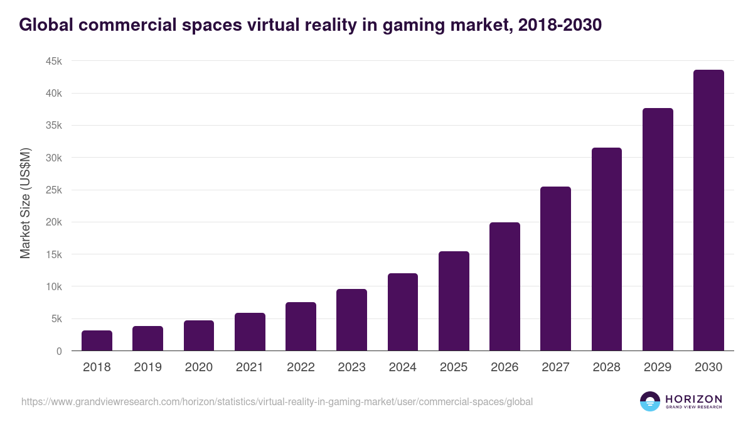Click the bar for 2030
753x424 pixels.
coord(708,210)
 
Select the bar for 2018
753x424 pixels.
coord(97,340)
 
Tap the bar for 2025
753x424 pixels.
coord(454,301)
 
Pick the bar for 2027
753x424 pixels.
coord(555,269)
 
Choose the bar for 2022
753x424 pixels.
coord(301,327)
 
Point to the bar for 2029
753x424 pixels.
coord(658,229)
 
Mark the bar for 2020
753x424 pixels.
coord(199,335)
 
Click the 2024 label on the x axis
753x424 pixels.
coord(402,367)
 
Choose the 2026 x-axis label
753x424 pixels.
coord(505,367)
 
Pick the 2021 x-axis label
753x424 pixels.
coord(249,367)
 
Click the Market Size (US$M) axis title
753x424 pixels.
coord(25,202)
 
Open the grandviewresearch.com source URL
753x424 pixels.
coord(277,401)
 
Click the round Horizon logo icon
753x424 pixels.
coord(649,401)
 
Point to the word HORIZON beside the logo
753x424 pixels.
coord(693,398)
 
